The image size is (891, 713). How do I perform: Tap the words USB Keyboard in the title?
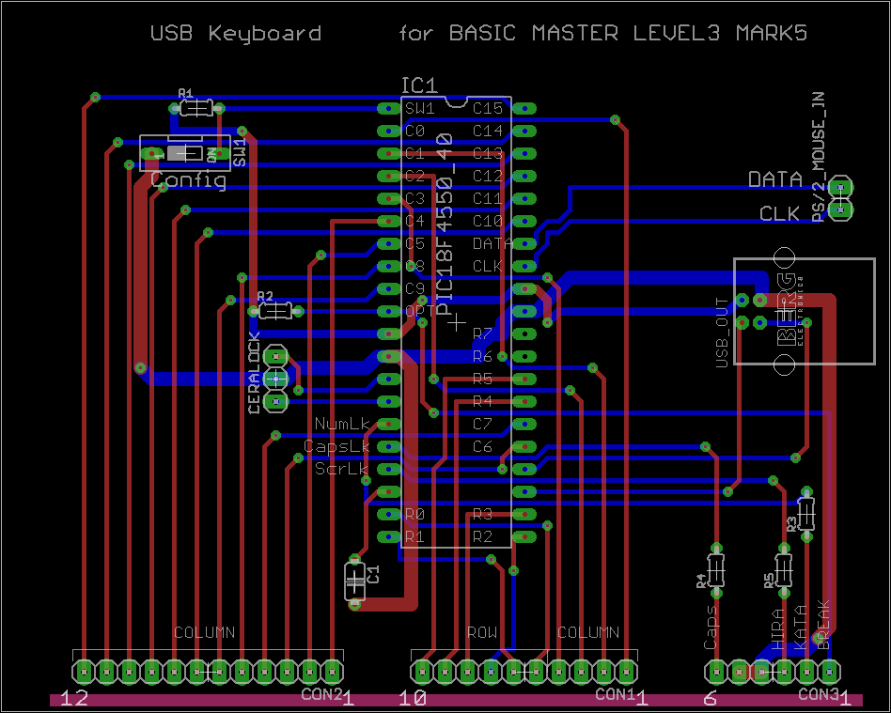tap(236, 34)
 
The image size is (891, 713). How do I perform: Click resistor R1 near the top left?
tap(196, 108)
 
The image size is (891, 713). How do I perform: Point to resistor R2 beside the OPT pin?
tap(274, 310)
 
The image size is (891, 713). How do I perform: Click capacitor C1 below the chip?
tap(355, 581)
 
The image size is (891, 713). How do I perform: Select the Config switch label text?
tap(188, 180)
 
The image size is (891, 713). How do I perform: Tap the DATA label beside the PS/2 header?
tap(774, 178)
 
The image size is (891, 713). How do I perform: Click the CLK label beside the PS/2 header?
tap(779, 214)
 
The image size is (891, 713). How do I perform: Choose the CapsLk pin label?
tap(336, 446)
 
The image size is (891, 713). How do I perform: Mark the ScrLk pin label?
tap(342, 468)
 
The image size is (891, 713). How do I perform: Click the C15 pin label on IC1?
tap(488, 108)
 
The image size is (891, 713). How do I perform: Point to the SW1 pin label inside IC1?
tap(420, 108)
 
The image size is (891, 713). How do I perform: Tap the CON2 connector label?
tap(321, 694)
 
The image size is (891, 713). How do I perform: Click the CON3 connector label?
tap(819, 694)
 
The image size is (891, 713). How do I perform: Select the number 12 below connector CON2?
tap(74, 698)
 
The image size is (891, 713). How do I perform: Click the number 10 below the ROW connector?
tap(413, 698)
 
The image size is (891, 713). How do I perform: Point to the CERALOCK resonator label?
tap(254, 373)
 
